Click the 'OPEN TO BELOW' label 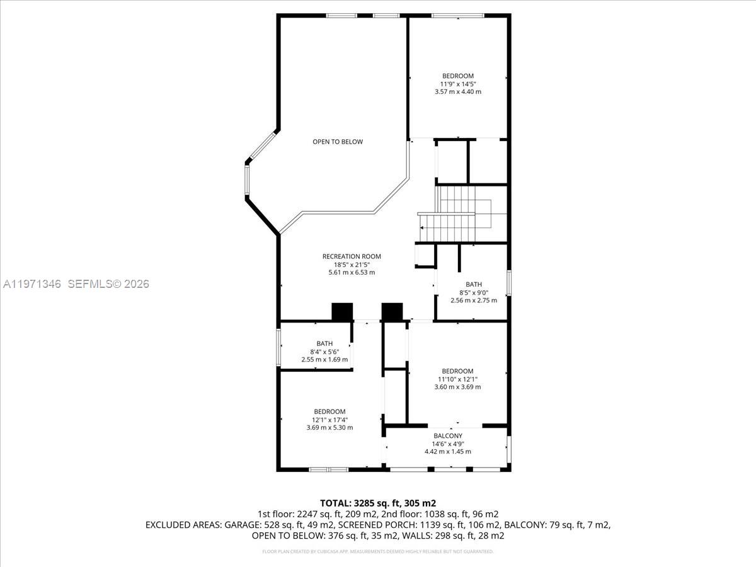pyautogui.click(x=338, y=142)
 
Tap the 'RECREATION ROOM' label pyautogui.click(x=352, y=256)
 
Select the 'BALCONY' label pyautogui.click(x=448, y=436)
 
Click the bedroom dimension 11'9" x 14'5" pyautogui.click(x=458, y=84)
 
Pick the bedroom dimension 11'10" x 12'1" pyautogui.click(x=458, y=379)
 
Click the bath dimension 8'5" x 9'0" pyautogui.click(x=473, y=292)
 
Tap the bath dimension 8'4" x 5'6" pyautogui.click(x=325, y=352)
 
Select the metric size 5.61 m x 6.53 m pyautogui.click(x=352, y=273)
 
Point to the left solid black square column pyautogui.click(x=342, y=312)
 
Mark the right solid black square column pyautogui.click(x=392, y=312)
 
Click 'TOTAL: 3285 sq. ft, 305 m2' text pyautogui.click(x=378, y=503)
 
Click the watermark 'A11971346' pyautogui.click(x=31, y=284)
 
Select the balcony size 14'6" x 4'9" pyautogui.click(x=448, y=444)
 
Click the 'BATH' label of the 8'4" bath pyautogui.click(x=325, y=343)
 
